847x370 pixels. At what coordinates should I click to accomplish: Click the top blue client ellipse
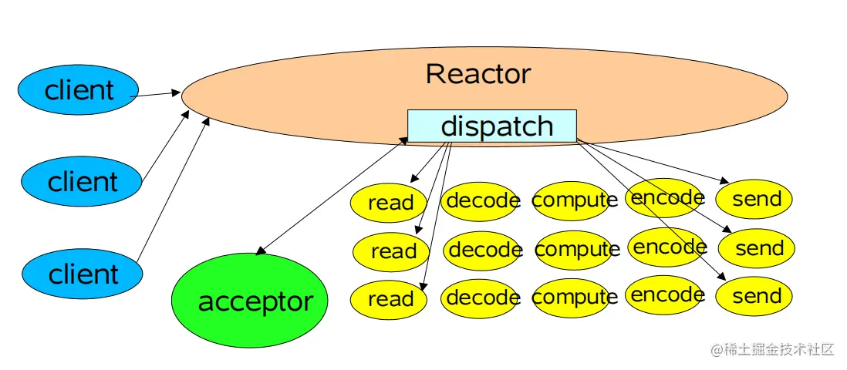click(79, 90)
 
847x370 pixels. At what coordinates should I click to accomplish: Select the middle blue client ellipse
click(82, 182)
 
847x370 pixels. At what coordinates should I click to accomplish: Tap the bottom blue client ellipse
click(83, 274)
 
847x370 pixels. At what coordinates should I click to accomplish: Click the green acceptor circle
click(249, 301)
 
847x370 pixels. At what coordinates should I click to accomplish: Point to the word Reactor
click(477, 74)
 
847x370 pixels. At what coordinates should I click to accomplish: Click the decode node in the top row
click(481, 201)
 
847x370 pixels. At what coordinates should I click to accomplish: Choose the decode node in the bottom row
click(481, 298)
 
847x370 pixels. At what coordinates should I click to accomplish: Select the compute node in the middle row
click(576, 250)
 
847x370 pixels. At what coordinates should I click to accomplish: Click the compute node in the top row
click(574, 200)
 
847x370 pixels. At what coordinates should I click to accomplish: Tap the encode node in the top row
click(666, 198)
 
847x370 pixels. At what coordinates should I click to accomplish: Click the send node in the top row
click(754, 200)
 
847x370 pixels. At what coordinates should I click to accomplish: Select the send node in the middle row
click(757, 249)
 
